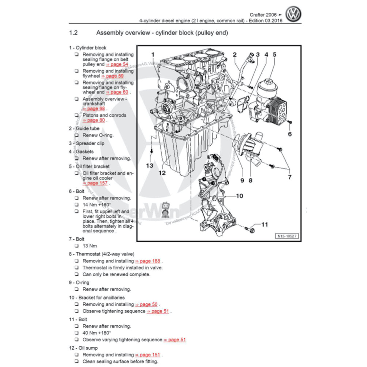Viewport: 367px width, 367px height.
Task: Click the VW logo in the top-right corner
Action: (293, 15)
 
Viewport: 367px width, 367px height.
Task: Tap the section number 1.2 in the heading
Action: (73, 33)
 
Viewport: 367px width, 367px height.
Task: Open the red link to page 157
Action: (95, 183)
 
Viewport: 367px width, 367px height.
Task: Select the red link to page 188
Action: (148, 261)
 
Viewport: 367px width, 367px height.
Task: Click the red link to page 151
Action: (148, 355)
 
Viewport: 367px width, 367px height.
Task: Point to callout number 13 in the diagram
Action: (149, 166)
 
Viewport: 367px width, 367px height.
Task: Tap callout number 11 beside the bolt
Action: (264, 224)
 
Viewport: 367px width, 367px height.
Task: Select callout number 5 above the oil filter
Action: (274, 55)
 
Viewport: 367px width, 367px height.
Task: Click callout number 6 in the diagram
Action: (290, 134)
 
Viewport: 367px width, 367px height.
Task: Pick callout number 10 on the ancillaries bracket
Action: (239, 196)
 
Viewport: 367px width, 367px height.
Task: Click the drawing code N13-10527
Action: (287, 236)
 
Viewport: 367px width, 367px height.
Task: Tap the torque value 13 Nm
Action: (90, 246)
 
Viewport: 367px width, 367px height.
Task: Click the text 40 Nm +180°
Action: (97, 333)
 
